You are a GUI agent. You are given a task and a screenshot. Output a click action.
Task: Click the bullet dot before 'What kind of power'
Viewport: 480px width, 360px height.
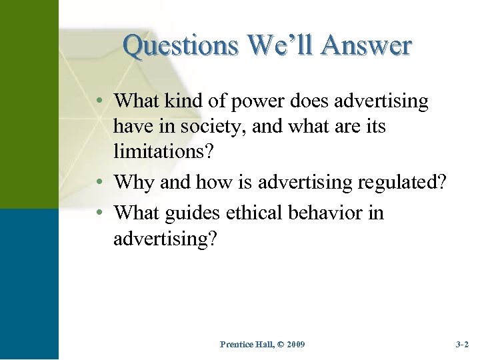98,101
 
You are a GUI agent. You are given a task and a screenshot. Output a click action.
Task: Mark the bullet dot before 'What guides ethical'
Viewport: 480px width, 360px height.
98,213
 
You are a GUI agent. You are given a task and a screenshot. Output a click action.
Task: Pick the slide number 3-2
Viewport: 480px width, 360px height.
462,344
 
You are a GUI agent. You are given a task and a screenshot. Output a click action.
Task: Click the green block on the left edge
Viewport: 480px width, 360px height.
29,103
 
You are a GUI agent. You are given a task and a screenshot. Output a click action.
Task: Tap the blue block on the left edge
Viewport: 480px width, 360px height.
29,283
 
